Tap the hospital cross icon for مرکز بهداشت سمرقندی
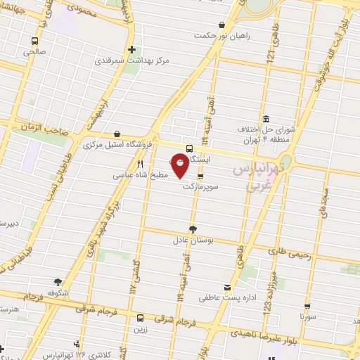[x=132, y=50]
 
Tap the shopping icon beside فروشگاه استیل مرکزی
[x=116, y=134]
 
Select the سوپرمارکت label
[x=201, y=188]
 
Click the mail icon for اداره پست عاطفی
[x=226, y=287]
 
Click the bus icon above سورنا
[x=304, y=306]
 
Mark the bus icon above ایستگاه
[x=190, y=148]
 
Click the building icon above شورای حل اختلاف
[x=264, y=119]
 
